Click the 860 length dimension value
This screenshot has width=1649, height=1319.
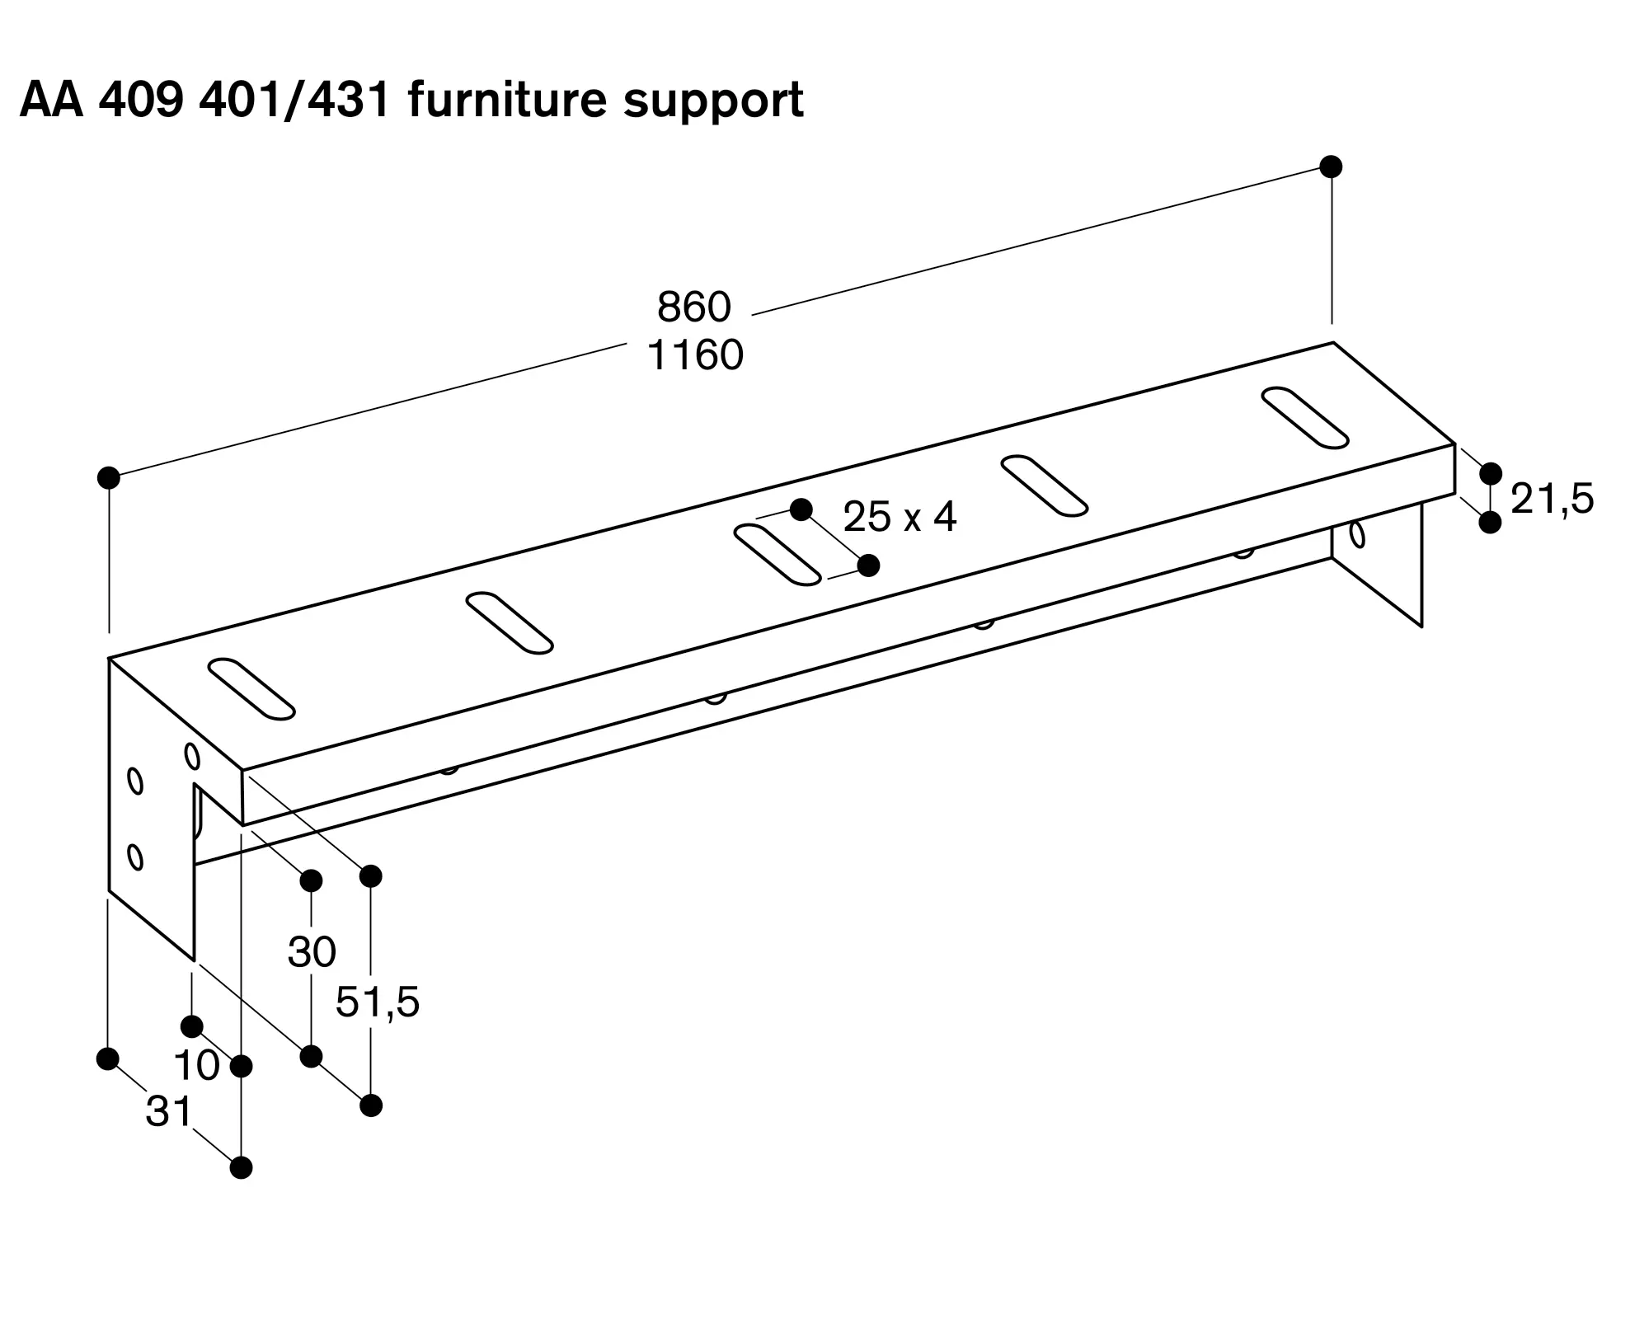[x=694, y=307]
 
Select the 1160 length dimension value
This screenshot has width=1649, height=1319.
[x=695, y=355]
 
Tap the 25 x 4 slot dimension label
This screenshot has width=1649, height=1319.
[x=900, y=517]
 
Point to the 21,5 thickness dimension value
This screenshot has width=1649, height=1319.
[x=1553, y=499]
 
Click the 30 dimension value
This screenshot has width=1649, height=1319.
[x=312, y=952]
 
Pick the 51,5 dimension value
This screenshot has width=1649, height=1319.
[x=378, y=1002]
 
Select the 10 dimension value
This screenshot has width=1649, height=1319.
[x=197, y=1066]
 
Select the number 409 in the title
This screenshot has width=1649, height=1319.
[x=140, y=101]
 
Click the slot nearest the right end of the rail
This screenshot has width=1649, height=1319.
[x=1305, y=417]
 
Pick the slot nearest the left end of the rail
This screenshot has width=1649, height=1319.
[x=251, y=688]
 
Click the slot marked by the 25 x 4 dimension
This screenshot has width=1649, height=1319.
[x=778, y=554]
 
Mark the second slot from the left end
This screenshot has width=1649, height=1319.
[x=510, y=622]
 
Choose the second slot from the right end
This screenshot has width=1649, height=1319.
[x=1045, y=486]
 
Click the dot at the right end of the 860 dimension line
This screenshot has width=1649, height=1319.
[x=1331, y=167]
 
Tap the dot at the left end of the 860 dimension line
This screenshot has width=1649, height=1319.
[x=109, y=477]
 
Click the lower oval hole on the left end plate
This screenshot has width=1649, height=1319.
[x=136, y=857]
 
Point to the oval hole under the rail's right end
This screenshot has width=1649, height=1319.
[x=1357, y=534]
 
